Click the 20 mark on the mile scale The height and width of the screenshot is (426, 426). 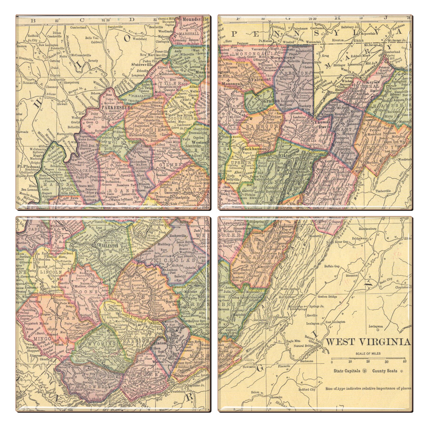368,361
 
